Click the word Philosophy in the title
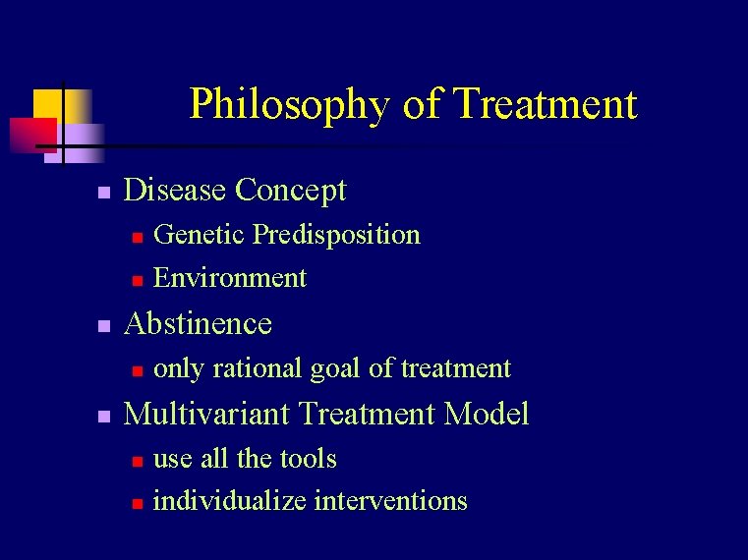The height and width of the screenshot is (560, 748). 291,105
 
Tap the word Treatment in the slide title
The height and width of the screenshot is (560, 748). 547,103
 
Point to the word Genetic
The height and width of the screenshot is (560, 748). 200,235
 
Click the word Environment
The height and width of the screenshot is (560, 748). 230,278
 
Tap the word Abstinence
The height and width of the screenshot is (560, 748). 198,323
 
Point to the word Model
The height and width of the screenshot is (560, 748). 487,414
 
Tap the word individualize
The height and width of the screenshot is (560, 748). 230,501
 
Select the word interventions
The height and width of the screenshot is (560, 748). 390,501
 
